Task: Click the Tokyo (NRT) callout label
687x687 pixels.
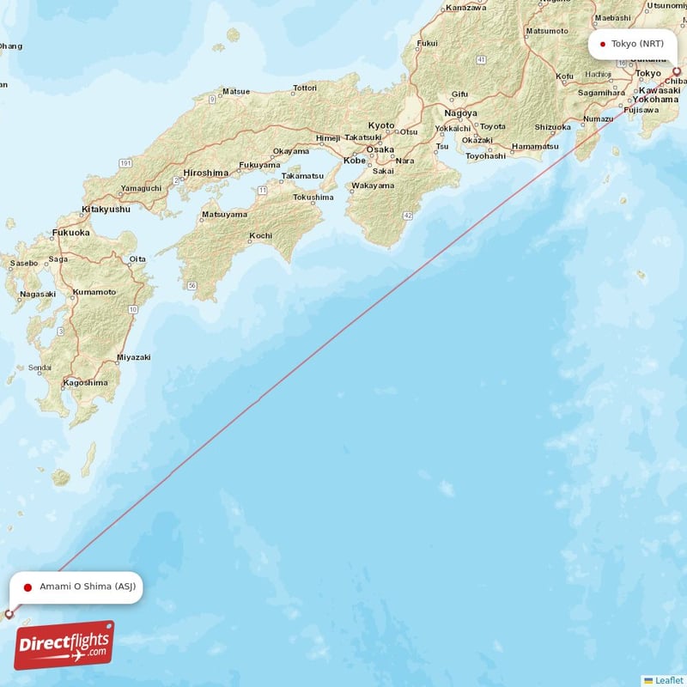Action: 632,44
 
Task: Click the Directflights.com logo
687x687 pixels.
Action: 64,645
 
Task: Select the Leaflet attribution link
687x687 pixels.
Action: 668,680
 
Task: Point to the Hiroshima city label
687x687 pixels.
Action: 204,172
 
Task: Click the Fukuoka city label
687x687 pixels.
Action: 70,232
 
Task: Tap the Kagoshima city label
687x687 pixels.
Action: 86,382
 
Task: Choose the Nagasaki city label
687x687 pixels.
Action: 38,294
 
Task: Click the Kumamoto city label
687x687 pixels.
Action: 94,292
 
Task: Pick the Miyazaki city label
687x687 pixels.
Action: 133,357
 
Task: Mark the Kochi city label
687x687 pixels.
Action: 260,235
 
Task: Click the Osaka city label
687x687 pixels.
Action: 380,149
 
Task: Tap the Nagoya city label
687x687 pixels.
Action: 460,112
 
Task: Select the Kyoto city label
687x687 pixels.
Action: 381,125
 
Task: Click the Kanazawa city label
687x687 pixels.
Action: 466,8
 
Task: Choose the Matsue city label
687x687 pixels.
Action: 235,91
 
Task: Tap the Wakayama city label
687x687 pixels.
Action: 373,185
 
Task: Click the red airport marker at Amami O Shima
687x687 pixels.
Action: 9,614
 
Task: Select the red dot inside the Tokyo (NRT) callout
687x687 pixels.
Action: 603,44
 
